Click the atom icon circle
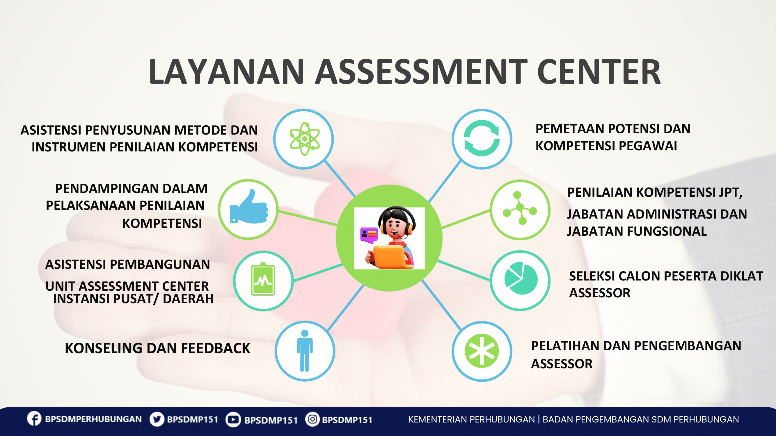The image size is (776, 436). (x=304, y=139)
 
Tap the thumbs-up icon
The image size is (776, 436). (x=249, y=207)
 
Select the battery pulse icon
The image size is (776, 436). (x=263, y=279)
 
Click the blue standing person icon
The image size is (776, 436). (x=305, y=351)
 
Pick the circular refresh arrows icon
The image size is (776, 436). (x=482, y=138)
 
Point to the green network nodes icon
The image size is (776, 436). (x=520, y=208)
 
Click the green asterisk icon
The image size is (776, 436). (x=482, y=351)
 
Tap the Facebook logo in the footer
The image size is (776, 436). (x=34, y=419)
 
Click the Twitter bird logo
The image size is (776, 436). (x=157, y=419)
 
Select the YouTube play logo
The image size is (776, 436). (x=233, y=419)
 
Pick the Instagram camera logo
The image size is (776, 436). (x=313, y=419)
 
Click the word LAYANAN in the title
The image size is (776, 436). (x=226, y=72)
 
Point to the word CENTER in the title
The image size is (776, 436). (x=599, y=72)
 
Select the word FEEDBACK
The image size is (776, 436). (x=215, y=348)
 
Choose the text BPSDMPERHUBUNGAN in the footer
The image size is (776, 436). (x=93, y=419)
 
